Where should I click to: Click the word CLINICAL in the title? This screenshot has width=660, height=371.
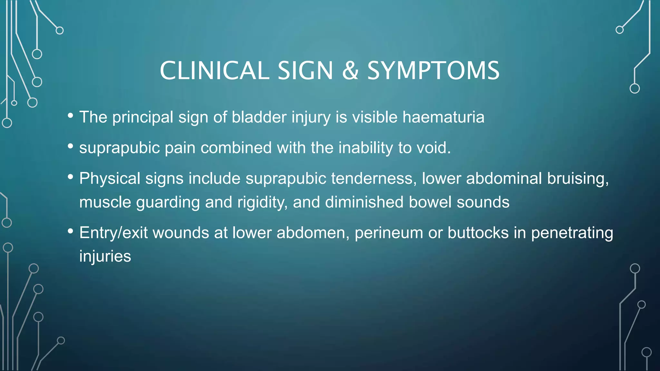214,71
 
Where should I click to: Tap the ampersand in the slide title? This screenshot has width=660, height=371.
350,71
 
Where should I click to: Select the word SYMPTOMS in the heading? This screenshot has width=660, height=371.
433,71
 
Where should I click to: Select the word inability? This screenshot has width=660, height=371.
365,148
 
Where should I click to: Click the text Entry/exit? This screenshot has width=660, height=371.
113,233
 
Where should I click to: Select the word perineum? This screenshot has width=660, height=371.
389,233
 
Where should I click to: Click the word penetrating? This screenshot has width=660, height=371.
572,233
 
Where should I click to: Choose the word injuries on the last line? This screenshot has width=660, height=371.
105,256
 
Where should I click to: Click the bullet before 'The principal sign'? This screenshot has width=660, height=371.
71,116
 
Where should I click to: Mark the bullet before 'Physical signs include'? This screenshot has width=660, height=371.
71,177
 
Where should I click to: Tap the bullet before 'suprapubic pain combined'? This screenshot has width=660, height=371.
71,147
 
